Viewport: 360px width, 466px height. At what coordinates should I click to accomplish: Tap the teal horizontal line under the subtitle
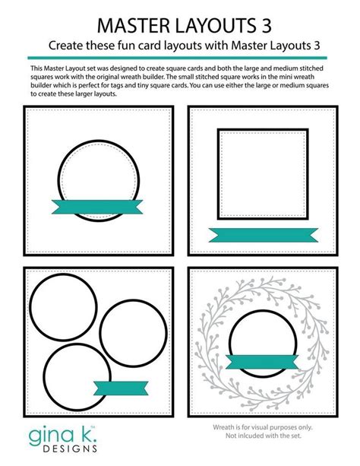point(180,57)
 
